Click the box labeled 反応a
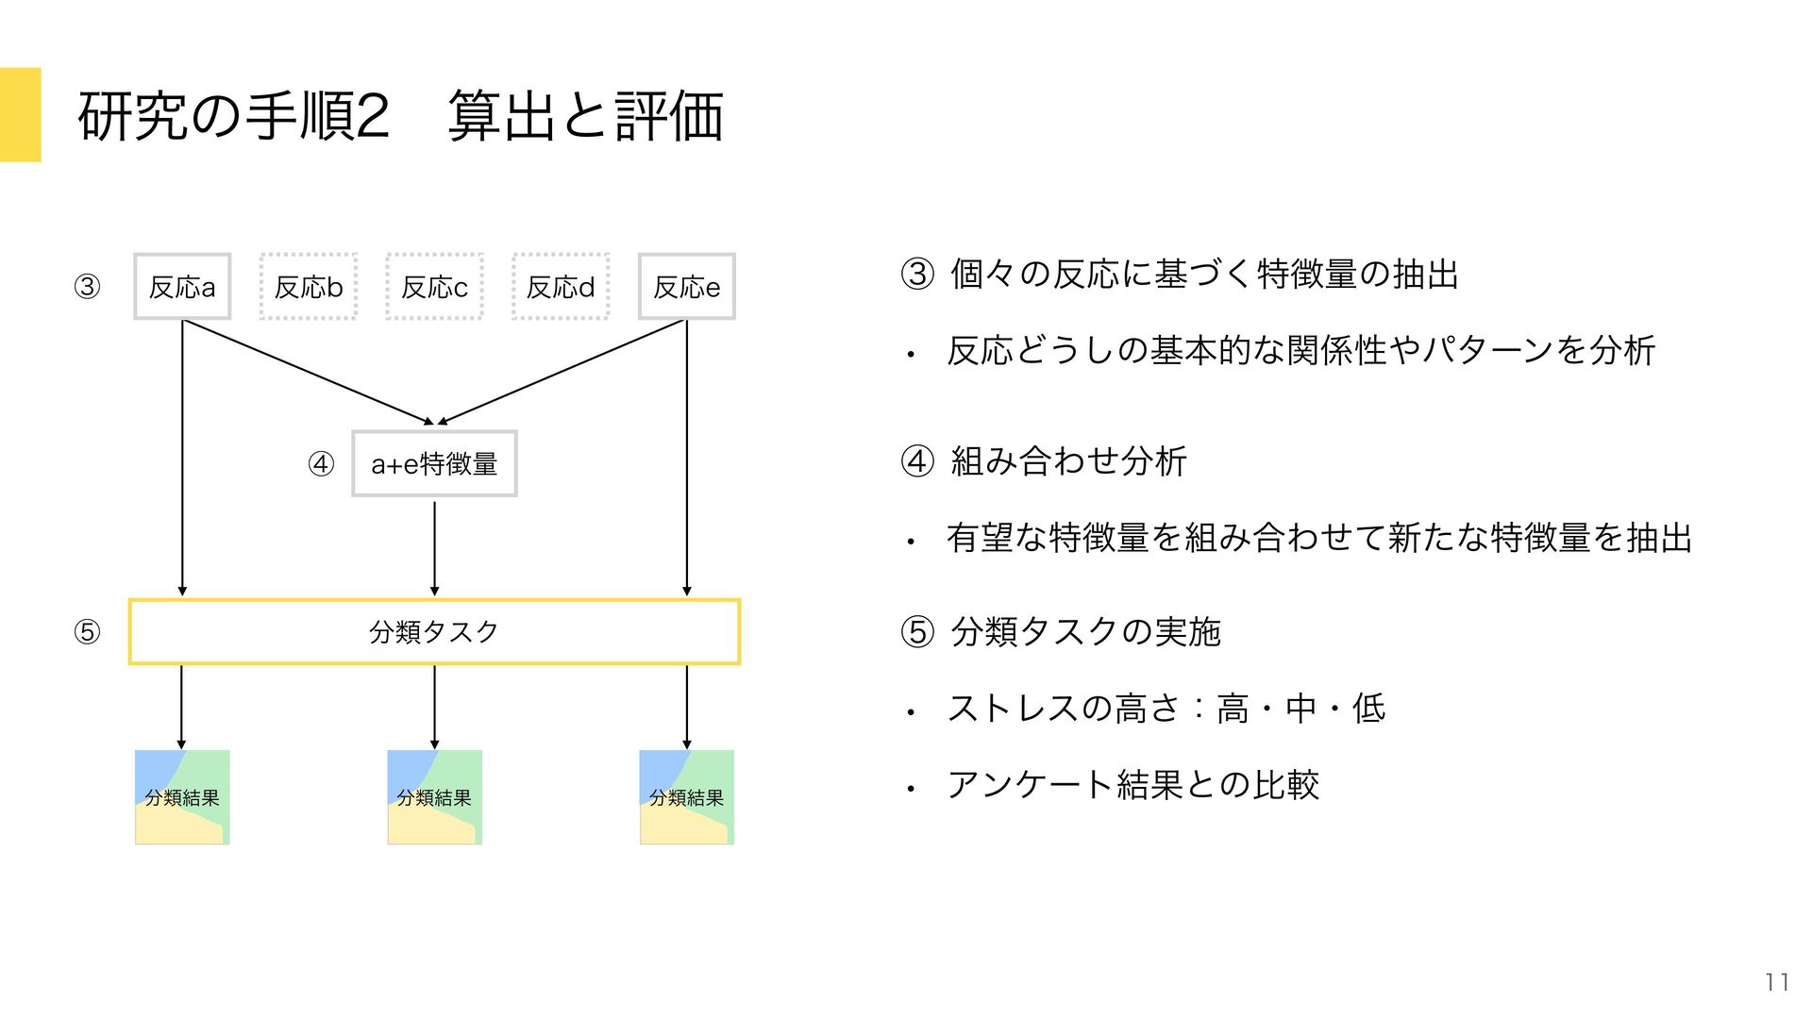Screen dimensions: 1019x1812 point(182,286)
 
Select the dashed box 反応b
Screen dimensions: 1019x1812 point(309,286)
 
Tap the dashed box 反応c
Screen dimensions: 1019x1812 point(434,286)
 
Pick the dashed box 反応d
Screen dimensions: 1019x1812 point(561,286)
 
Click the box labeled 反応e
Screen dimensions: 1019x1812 point(686,286)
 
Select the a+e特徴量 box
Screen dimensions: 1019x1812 point(434,463)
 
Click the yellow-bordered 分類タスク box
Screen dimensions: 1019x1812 point(434,631)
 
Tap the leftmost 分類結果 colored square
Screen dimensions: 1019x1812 point(182,797)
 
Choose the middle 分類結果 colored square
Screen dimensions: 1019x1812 point(434,797)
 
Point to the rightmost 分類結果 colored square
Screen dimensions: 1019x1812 point(686,797)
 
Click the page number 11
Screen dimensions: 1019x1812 point(1777,982)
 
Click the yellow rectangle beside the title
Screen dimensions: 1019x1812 point(20,114)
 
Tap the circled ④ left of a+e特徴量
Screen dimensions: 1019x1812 point(321,464)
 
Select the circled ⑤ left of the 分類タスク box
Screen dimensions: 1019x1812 point(87,631)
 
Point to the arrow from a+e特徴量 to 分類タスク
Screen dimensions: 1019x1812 point(434,547)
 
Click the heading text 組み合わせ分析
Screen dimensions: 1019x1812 point(1067,461)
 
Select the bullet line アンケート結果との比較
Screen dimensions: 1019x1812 point(1132,785)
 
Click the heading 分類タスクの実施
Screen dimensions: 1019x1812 point(1085,631)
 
